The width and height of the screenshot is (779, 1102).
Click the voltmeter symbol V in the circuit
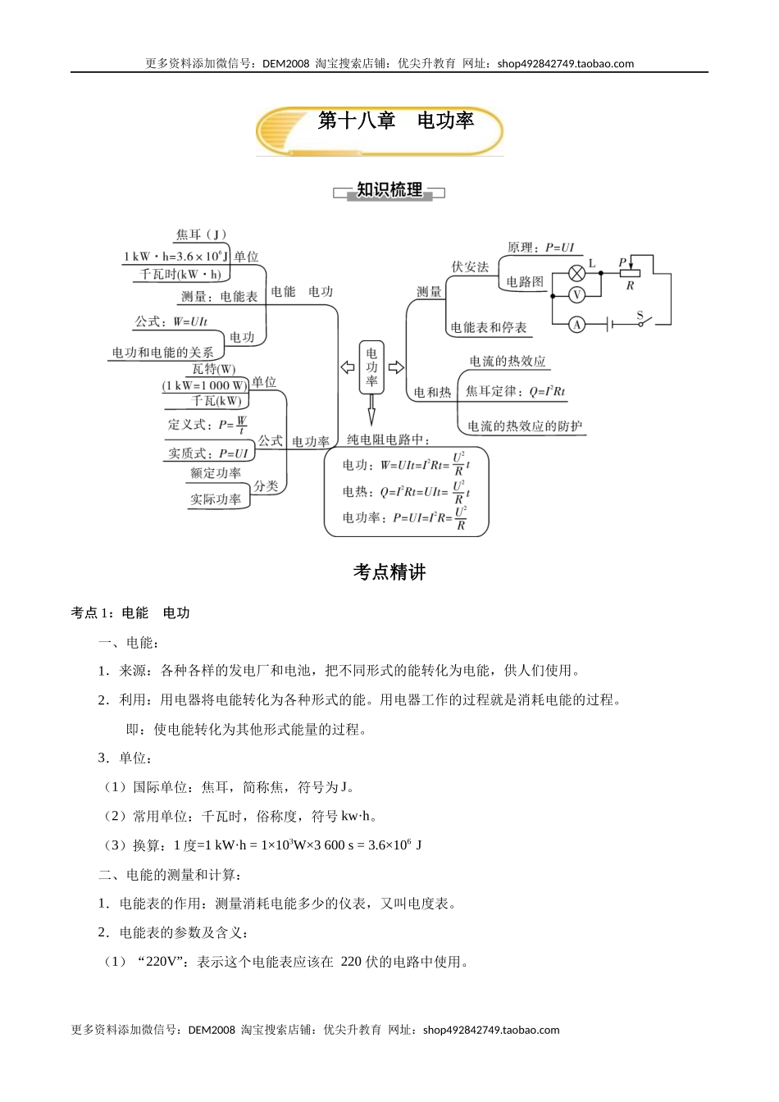click(x=577, y=295)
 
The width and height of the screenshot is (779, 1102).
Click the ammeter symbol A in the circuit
click(x=577, y=325)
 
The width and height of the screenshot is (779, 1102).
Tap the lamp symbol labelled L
click(x=577, y=273)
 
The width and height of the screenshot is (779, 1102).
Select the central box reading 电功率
click(x=372, y=367)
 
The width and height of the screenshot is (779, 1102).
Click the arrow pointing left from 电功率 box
click(x=348, y=367)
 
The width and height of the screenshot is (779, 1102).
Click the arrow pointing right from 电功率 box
click(x=396, y=367)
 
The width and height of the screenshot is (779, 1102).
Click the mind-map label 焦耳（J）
click(x=201, y=235)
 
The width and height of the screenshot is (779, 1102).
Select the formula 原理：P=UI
click(x=540, y=247)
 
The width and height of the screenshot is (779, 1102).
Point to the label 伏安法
click(x=470, y=266)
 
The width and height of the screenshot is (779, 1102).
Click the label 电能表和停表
click(x=488, y=328)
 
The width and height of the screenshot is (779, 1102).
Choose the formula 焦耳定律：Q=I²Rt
click(x=515, y=392)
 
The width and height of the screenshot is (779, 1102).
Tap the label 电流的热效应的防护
click(x=525, y=426)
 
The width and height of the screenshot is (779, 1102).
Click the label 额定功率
click(x=216, y=473)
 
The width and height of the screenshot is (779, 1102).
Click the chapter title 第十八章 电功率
click(x=396, y=121)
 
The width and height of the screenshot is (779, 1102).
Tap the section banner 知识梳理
click(x=389, y=190)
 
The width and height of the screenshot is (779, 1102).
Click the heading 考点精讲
click(x=389, y=572)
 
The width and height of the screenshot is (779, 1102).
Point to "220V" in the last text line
click(x=162, y=962)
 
